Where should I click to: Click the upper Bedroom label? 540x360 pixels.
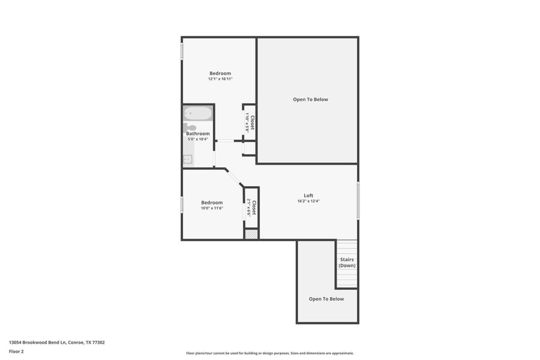(x=220, y=73)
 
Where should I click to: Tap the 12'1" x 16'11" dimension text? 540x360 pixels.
(x=220, y=79)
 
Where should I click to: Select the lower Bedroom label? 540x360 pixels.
(x=212, y=203)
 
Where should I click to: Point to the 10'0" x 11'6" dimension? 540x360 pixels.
(x=212, y=208)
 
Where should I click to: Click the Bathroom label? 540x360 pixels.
(x=197, y=134)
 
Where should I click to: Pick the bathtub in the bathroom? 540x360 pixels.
(x=198, y=113)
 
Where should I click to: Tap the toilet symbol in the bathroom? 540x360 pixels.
(x=190, y=127)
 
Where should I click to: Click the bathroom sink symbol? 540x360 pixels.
(x=188, y=159)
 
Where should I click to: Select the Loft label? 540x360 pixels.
(x=308, y=196)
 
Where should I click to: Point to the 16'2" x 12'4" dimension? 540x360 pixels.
(x=308, y=201)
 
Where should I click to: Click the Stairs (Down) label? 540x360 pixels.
(x=347, y=263)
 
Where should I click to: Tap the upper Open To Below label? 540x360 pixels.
(x=310, y=100)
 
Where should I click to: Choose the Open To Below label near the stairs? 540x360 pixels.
(x=326, y=299)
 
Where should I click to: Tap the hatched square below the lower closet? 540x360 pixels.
(x=251, y=234)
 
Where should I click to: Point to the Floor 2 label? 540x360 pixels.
(x=16, y=351)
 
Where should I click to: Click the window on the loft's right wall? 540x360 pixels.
(x=358, y=200)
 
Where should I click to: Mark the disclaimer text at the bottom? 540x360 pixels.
(x=270, y=353)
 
